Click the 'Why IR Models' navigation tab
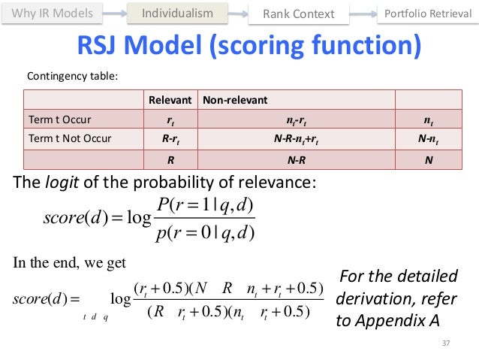pos(53,14)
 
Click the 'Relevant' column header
pos(170,99)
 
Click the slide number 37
pos(449,344)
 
